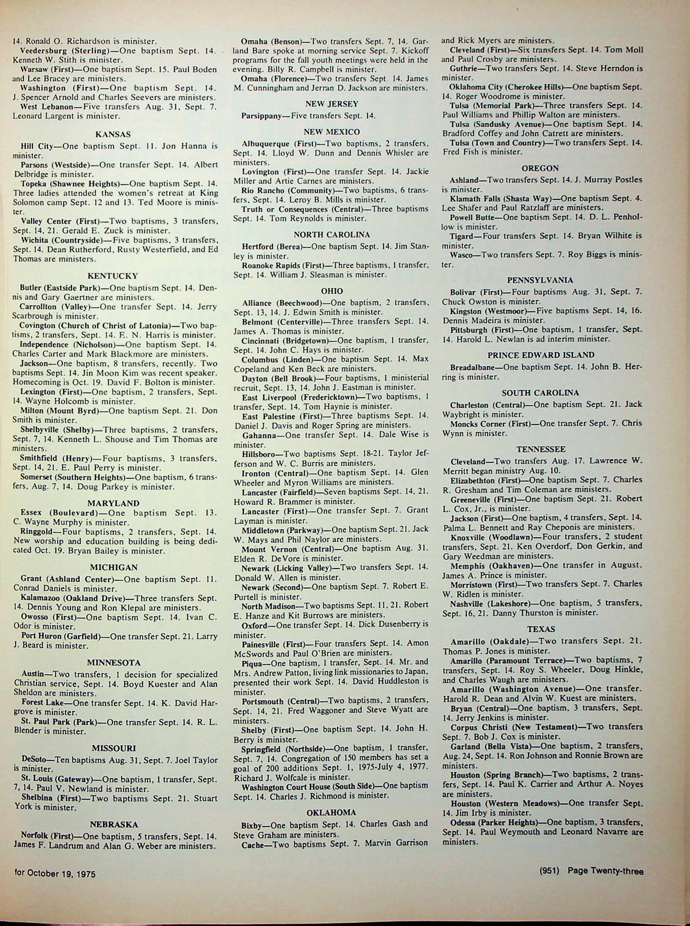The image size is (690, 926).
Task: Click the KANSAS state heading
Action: [x=113, y=135]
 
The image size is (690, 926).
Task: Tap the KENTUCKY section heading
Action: [x=113, y=276]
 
